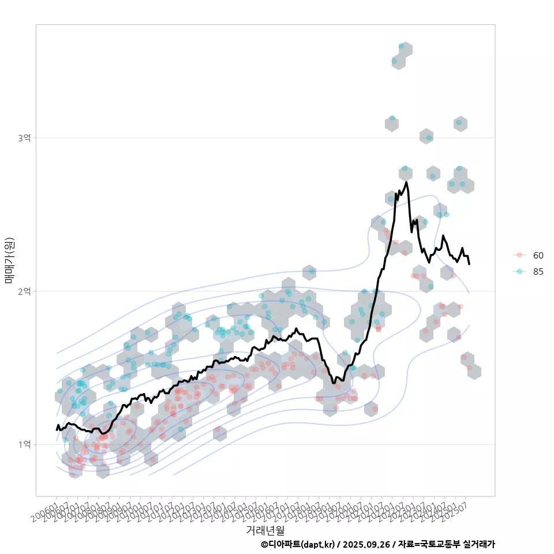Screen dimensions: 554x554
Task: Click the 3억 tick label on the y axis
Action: [24, 138]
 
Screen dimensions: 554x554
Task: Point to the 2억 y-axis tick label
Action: [24, 291]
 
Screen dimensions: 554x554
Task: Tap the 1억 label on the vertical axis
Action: [24, 445]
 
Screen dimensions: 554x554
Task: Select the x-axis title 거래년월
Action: [265, 529]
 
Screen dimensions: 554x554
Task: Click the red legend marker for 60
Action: [519, 255]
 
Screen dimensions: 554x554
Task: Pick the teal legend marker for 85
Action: [519, 272]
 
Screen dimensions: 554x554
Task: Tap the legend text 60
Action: [538, 255]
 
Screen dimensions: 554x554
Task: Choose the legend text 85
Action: [538, 272]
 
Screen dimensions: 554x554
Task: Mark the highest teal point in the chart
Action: [402, 46]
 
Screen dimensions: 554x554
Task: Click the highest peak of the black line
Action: [407, 183]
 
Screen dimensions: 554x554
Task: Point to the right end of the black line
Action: [469, 264]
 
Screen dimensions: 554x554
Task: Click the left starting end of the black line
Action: [57, 429]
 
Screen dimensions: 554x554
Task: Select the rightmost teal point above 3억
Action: [459, 122]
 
